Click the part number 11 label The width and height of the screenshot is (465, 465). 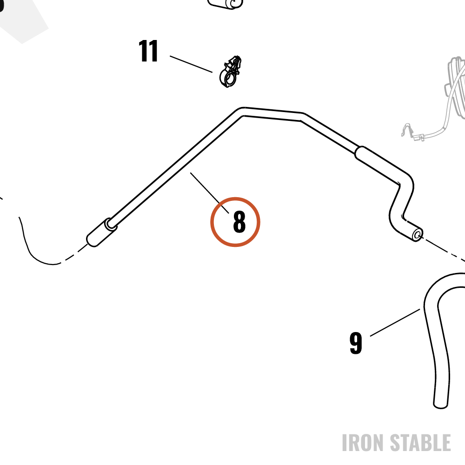coord(148,51)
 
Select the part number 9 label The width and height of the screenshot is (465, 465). coord(356,343)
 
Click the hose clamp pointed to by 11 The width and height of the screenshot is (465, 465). coord(230,72)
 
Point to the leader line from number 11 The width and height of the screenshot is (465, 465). coord(191,64)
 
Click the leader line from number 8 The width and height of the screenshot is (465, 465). coord(209,193)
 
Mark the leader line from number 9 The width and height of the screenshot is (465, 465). coord(395,323)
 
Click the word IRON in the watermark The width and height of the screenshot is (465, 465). coord(363,443)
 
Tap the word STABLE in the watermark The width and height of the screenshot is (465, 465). coord(420,443)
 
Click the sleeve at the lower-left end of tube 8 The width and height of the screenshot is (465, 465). coord(101,233)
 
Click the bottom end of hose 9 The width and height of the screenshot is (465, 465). coord(440,405)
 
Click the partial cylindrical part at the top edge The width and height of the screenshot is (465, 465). coord(226,4)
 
